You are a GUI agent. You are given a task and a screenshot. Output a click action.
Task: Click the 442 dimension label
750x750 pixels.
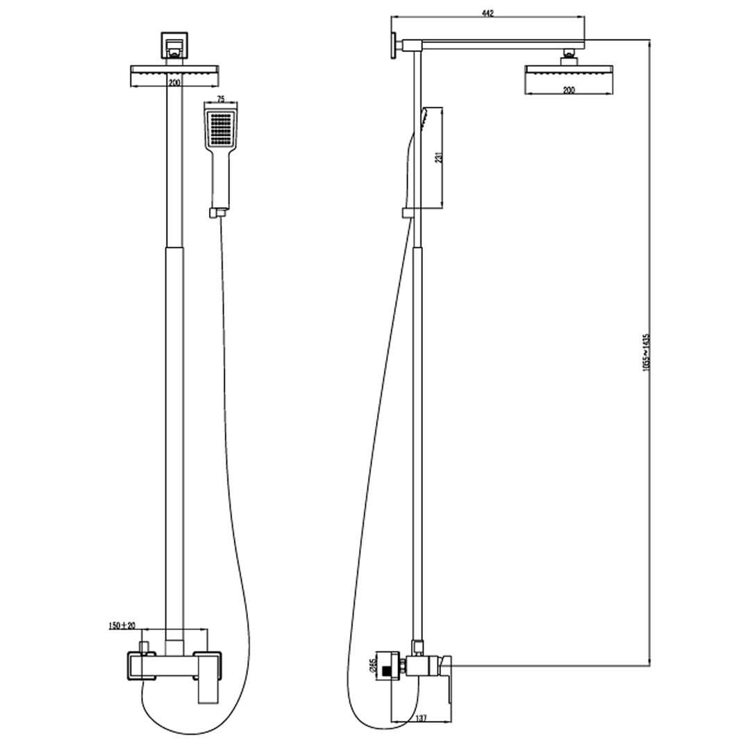[487, 14]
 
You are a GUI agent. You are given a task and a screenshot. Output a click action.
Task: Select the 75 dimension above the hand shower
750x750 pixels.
[221, 99]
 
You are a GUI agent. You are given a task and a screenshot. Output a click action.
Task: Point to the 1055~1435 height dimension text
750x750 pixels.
[645, 354]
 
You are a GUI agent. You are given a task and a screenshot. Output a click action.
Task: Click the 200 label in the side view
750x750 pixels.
[568, 90]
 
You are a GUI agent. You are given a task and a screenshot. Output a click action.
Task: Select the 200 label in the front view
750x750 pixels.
[174, 83]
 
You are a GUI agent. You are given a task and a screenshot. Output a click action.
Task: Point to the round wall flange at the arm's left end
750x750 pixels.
[394, 47]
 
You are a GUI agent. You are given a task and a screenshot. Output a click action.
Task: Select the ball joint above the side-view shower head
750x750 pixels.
[569, 53]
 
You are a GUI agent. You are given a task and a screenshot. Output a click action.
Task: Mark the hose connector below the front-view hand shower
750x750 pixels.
[218, 212]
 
